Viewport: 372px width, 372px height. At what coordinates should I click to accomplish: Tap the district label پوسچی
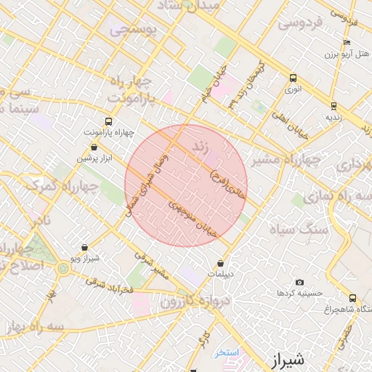pos(132,31)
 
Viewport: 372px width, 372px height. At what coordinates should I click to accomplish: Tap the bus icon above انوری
pos(293,78)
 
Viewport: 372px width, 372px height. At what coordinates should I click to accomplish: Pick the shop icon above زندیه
pos(333,105)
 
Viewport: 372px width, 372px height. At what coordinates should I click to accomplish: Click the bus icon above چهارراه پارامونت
pos(108,121)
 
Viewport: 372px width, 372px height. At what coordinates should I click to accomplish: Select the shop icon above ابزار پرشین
pos(94,147)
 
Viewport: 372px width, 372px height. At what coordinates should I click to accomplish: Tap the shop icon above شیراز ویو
pos(86,247)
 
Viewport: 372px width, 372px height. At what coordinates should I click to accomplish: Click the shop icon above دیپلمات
pos(220,264)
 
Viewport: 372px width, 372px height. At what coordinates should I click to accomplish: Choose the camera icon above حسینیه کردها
pos(299,282)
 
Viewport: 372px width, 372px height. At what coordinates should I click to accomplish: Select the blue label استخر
pos(227,352)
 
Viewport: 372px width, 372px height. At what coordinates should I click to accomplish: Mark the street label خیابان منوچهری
pos(194,216)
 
